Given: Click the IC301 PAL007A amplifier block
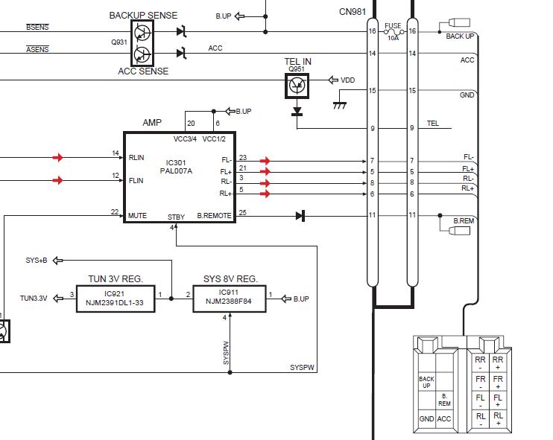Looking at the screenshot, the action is point(180,177).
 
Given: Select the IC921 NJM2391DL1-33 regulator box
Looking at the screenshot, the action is point(116,299).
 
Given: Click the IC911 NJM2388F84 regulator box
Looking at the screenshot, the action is point(230,299).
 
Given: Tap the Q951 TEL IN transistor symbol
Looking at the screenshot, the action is point(297,86).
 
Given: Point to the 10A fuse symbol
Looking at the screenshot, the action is point(393,32).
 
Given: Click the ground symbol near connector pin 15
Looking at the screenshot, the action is point(340,105).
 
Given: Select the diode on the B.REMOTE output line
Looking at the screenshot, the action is point(300,216).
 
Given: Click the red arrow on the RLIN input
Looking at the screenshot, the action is point(58,157).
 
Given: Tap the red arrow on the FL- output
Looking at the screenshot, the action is point(265,161).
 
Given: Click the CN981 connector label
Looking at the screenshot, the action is point(353,12).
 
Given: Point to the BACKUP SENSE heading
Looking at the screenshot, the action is point(143,16).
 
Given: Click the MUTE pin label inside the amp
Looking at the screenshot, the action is point(137,216).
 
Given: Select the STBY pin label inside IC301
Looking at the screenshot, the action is point(176,217).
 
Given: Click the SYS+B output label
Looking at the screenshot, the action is point(37,261).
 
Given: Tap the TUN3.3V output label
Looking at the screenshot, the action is point(34,299).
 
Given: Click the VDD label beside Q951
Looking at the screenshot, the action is point(348,80).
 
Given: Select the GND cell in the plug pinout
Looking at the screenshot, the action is point(426,419).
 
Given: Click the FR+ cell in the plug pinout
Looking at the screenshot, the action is point(498,381).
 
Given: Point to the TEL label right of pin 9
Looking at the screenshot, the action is point(433,124).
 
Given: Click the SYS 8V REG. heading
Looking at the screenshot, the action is point(230,279).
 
